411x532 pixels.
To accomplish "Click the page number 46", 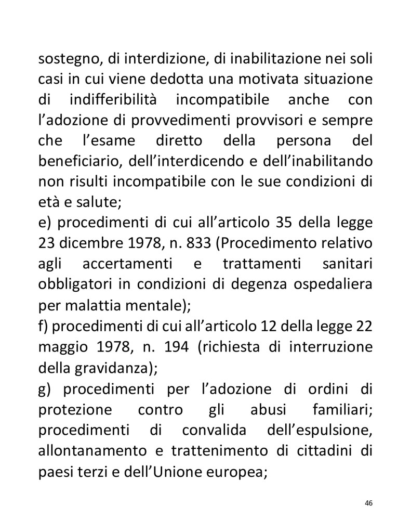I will click(x=369, y=503).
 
